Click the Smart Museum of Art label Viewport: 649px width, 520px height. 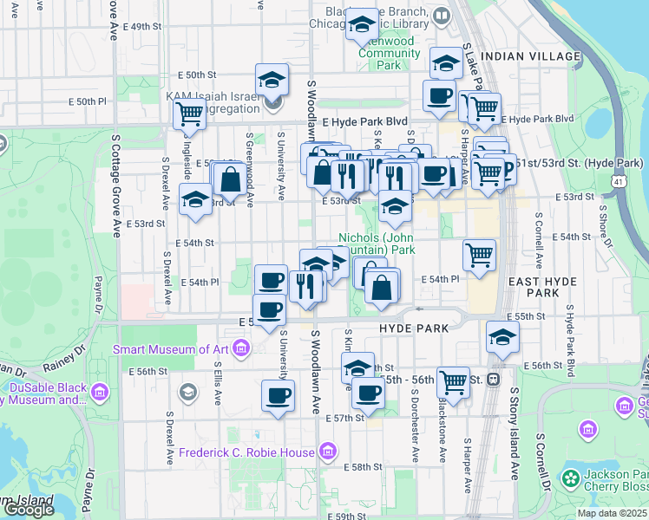coord(170,350)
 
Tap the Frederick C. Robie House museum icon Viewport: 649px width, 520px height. coord(327,452)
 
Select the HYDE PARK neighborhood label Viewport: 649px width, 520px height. coord(414,328)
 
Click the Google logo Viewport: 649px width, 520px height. coord(29,510)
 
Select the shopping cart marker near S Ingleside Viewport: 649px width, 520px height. coord(189,113)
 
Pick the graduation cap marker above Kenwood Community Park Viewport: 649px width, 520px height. coord(362,24)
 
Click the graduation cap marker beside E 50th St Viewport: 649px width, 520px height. coord(272,80)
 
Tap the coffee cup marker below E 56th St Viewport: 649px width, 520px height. coord(278,396)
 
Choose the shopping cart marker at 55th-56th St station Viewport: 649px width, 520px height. coord(453,380)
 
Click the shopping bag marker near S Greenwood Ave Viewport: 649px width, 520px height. coord(231,179)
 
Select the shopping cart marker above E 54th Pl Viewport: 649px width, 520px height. coord(480,254)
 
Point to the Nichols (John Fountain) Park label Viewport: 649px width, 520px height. coord(377,243)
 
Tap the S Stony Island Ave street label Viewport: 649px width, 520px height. coord(511,442)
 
